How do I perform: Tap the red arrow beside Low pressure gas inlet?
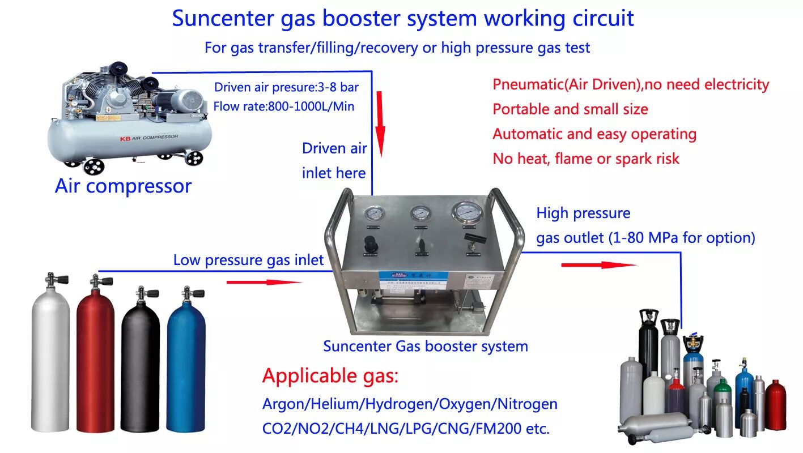pyautogui.click(x=264, y=281)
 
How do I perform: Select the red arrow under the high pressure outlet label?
pyautogui.click(x=598, y=264)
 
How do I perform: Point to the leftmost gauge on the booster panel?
pyautogui.click(x=373, y=214)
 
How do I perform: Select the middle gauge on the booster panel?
pyautogui.click(x=420, y=213)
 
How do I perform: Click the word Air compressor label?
pyautogui.click(x=123, y=186)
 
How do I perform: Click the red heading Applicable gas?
pyautogui.click(x=330, y=375)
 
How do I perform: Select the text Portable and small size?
pyautogui.click(x=570, y=109)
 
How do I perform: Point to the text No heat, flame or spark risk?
pyautogui.click(x=585, y=159)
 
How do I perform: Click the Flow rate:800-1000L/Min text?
pyautogui.click(x=284, y=106)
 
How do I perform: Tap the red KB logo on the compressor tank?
pyautogui.click(x=125, y=138)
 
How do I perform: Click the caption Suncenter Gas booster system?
pyautogui.click(x=425, y=346)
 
